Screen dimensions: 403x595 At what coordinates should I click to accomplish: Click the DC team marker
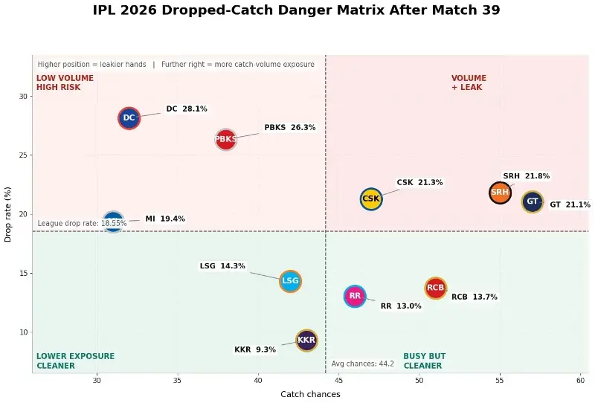point(129,117)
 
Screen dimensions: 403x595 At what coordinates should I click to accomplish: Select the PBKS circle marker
point(225,138)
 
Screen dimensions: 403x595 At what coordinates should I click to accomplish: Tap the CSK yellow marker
point(371,199)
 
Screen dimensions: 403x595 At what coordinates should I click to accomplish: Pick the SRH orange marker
point(500,192)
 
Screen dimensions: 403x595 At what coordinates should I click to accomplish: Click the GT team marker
point(533,201)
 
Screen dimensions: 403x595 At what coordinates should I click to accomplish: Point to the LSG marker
point(290,281)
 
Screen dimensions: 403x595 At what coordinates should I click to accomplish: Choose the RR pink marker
point(355,296)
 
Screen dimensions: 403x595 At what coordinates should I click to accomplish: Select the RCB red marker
point(436,288)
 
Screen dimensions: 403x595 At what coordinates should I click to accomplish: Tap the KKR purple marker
point(306,340)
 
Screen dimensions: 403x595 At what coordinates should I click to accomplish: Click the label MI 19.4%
point(165,219)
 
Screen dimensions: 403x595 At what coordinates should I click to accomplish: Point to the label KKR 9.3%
point(255,349)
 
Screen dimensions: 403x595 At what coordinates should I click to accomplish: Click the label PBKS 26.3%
point(290,128)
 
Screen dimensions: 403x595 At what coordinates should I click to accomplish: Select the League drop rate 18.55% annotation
point(82,223)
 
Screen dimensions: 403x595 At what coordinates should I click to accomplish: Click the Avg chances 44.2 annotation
point(362,364)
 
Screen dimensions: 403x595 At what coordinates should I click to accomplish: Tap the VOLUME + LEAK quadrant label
point(469,83)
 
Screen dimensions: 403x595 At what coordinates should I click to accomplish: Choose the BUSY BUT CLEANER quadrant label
point(424,361)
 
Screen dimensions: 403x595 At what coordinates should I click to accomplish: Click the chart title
point(296,10)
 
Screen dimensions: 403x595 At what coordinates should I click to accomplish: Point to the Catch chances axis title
point(310,394)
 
